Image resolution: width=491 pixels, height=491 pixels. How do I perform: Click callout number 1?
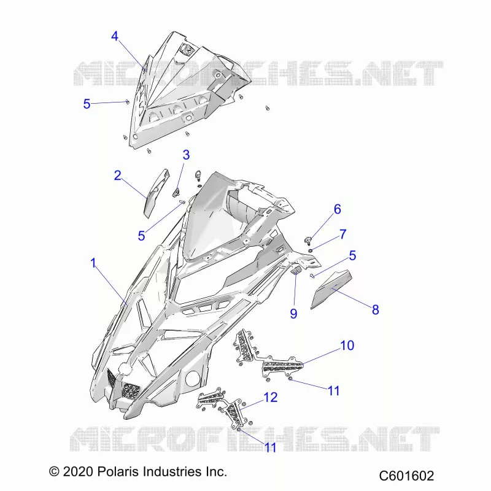click(93, 263)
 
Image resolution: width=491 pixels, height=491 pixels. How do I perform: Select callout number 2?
click(117, 176)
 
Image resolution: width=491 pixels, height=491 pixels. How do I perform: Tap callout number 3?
click(187, 155)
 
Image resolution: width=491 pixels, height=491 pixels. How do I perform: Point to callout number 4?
click(115, 36)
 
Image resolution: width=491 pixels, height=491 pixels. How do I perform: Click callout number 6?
click(337, 209)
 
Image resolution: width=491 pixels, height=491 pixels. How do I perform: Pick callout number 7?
click(343, 234)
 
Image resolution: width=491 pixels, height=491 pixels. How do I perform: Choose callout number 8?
click(376, 310)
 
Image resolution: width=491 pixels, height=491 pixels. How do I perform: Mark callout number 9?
click(293, 314)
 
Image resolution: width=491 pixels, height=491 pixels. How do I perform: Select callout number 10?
click(347, 346)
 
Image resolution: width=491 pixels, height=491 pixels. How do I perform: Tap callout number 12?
click(271, 397)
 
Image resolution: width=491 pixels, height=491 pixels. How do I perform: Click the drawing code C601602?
click(406, 476)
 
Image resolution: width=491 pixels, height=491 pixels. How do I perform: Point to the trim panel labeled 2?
click(156, 193)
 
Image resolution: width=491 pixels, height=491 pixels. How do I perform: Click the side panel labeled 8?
click(331, 288)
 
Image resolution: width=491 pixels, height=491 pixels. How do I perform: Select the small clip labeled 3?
click(177, 191)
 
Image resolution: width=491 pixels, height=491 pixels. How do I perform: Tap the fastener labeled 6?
click(308, 241)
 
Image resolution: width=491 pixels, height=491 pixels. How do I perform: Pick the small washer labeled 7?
click(311, 250)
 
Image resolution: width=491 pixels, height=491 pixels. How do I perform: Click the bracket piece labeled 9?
click(296, 269)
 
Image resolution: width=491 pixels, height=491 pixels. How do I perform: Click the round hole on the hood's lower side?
click(193, 378)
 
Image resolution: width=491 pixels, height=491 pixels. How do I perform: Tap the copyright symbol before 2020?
click(54, 471)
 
